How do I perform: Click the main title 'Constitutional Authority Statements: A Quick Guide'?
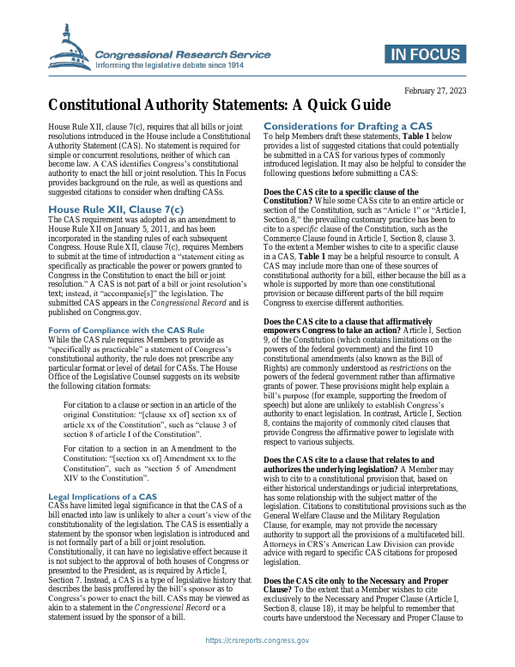207,106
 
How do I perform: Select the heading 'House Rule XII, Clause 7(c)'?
116,209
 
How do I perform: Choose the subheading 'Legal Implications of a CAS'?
102,497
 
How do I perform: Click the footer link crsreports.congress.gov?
257,640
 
